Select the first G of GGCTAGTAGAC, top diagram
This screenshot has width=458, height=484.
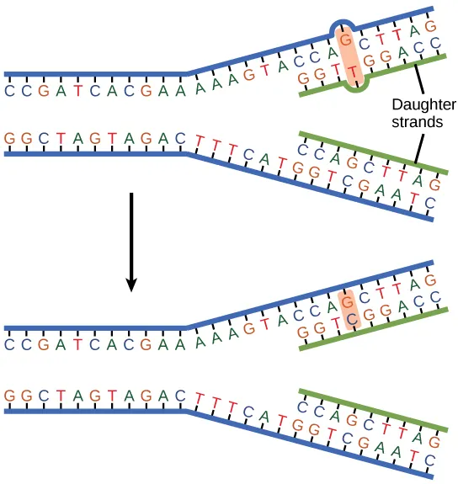pyautogui.click(x=9, y=136)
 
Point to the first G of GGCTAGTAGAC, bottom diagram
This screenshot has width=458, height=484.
pyautogui.click(x=9, y=393)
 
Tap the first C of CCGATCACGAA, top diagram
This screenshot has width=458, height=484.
pyautogui.click(x=9, y=89)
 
